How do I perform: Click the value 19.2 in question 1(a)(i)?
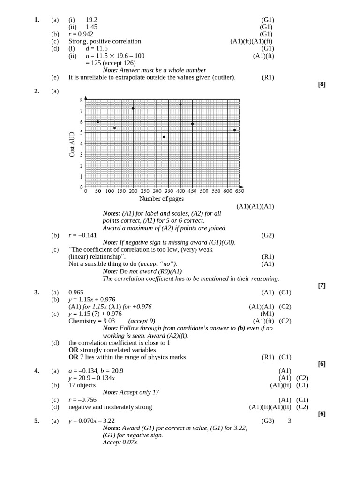[91, 20]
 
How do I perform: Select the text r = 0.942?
[81, 34]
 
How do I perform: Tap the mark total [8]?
[322, 84]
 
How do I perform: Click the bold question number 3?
[37, 292]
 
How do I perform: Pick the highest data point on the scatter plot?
[180, 105]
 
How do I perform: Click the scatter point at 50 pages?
[97, 122]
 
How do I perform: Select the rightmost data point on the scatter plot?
[235, 130]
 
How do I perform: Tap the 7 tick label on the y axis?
[81, 111]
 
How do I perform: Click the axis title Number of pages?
[161, 199]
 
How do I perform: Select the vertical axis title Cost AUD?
[72, 144]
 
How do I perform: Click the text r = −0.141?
[82, 235]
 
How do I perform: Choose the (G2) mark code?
[268, 235]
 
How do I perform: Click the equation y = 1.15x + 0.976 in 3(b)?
[92, 300]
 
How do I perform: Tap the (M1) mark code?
[268, 314]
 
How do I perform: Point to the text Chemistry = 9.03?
[91, 321]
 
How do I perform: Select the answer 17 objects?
[82, 385]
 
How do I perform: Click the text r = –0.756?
[82, 400]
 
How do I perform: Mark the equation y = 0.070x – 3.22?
[91, 421]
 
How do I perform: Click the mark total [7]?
[322, 285]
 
